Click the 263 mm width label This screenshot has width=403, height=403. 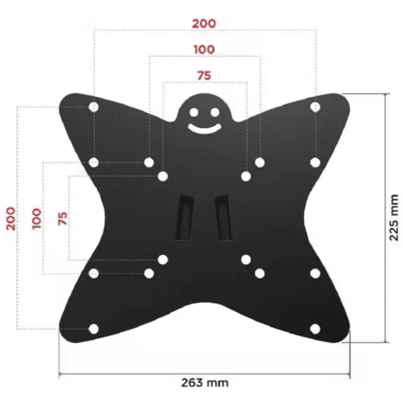(205, 383)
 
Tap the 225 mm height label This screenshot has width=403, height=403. (394, 218)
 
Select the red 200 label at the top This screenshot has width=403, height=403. (204, 24)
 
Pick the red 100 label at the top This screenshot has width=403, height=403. (204, 49)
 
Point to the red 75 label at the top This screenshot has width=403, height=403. (204, 76)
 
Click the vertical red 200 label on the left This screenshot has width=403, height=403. (10, 218)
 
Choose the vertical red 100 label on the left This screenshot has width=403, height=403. (36, 219)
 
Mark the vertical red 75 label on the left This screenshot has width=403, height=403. (62, 218)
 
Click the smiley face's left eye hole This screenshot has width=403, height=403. (194, 112)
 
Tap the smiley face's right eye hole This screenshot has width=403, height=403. (215, 112)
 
